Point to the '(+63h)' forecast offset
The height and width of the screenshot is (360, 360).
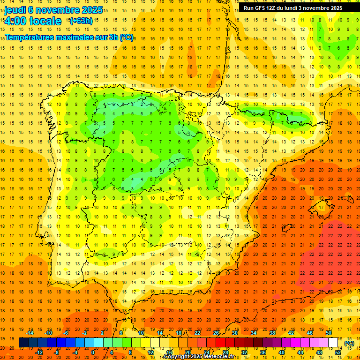[x=81, y=21]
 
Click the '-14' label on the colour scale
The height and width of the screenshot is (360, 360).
[x=30, y=333]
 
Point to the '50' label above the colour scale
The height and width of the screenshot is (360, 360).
[x=328, y=333]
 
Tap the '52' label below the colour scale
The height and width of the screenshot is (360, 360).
[x=337, y=352]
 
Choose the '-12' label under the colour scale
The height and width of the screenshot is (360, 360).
[x=39, y=352]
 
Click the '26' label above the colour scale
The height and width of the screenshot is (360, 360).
[x=216, y=333]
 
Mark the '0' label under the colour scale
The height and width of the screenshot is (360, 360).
[x=93, y=352]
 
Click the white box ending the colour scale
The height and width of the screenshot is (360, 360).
[x=333, y=343]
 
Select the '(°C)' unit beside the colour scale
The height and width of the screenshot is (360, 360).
[x=349, y=343]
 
